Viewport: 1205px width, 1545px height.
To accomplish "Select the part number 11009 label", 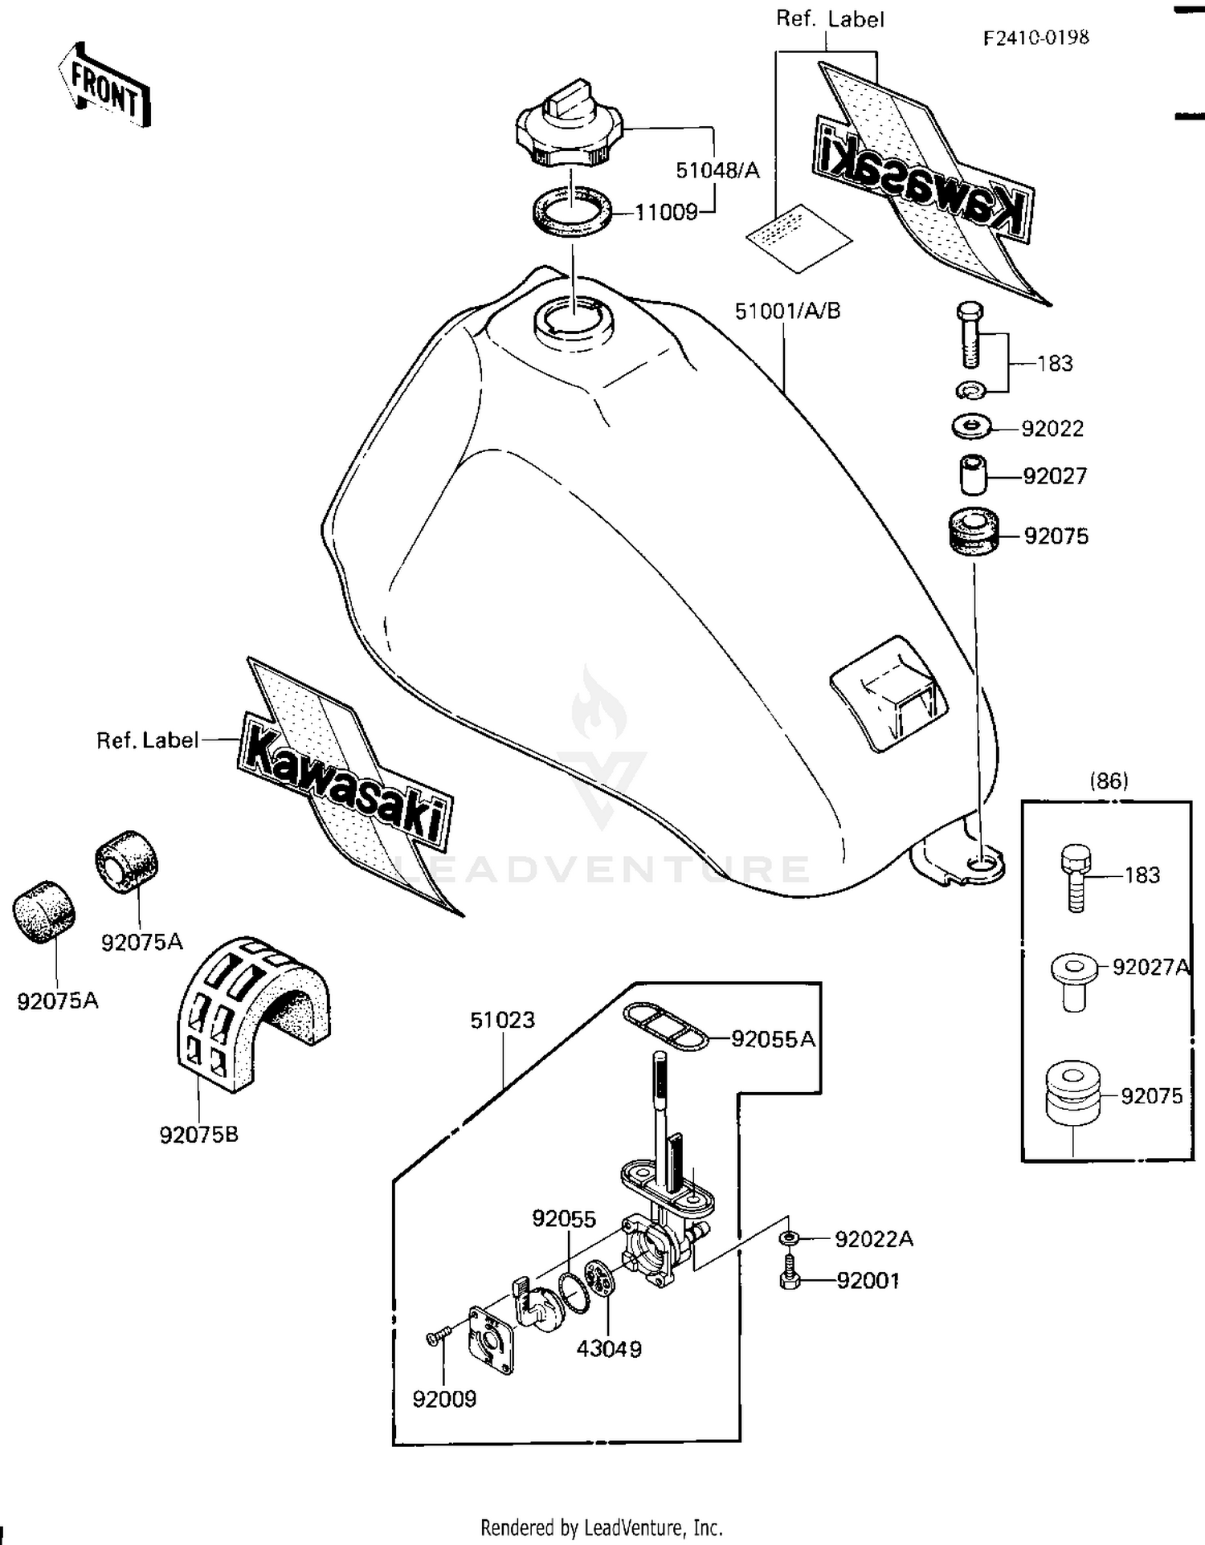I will point(666,213).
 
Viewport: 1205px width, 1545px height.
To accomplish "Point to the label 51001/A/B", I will point(787,311).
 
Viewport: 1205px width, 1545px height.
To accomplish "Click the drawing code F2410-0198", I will point(1035,38).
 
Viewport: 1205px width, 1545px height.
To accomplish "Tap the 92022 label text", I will point(1052,429).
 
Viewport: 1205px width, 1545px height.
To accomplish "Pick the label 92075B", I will point(198,1135).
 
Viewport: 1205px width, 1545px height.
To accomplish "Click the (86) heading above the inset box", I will point(1109,781).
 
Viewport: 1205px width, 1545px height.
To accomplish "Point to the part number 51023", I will point(502,1020).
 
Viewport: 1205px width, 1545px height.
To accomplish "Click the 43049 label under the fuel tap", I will point(608,1349).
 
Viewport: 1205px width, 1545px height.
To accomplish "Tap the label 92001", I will point(868,1281).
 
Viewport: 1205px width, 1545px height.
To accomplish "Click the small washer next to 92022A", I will point(789,1239).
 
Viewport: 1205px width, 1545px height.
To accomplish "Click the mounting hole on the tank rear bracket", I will point(982,863).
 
